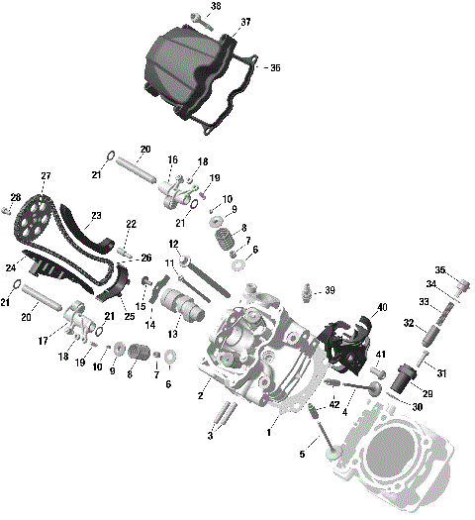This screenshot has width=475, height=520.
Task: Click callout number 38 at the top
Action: [216, 6]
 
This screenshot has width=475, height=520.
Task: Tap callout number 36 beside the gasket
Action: [275, 68]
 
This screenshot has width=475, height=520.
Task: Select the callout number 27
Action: [46, 176]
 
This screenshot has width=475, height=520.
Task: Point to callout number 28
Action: [15, 196]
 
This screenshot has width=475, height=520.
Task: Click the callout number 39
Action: [330, 290]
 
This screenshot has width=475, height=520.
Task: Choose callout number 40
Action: [382, 307]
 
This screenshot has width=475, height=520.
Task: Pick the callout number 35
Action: [440, 269]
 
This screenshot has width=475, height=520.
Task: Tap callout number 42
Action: [334, 404]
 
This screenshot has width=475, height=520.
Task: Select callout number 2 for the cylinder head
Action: [201, 396]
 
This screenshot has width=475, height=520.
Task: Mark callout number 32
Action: [407, 323]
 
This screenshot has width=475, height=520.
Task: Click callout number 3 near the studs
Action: [210, 435]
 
